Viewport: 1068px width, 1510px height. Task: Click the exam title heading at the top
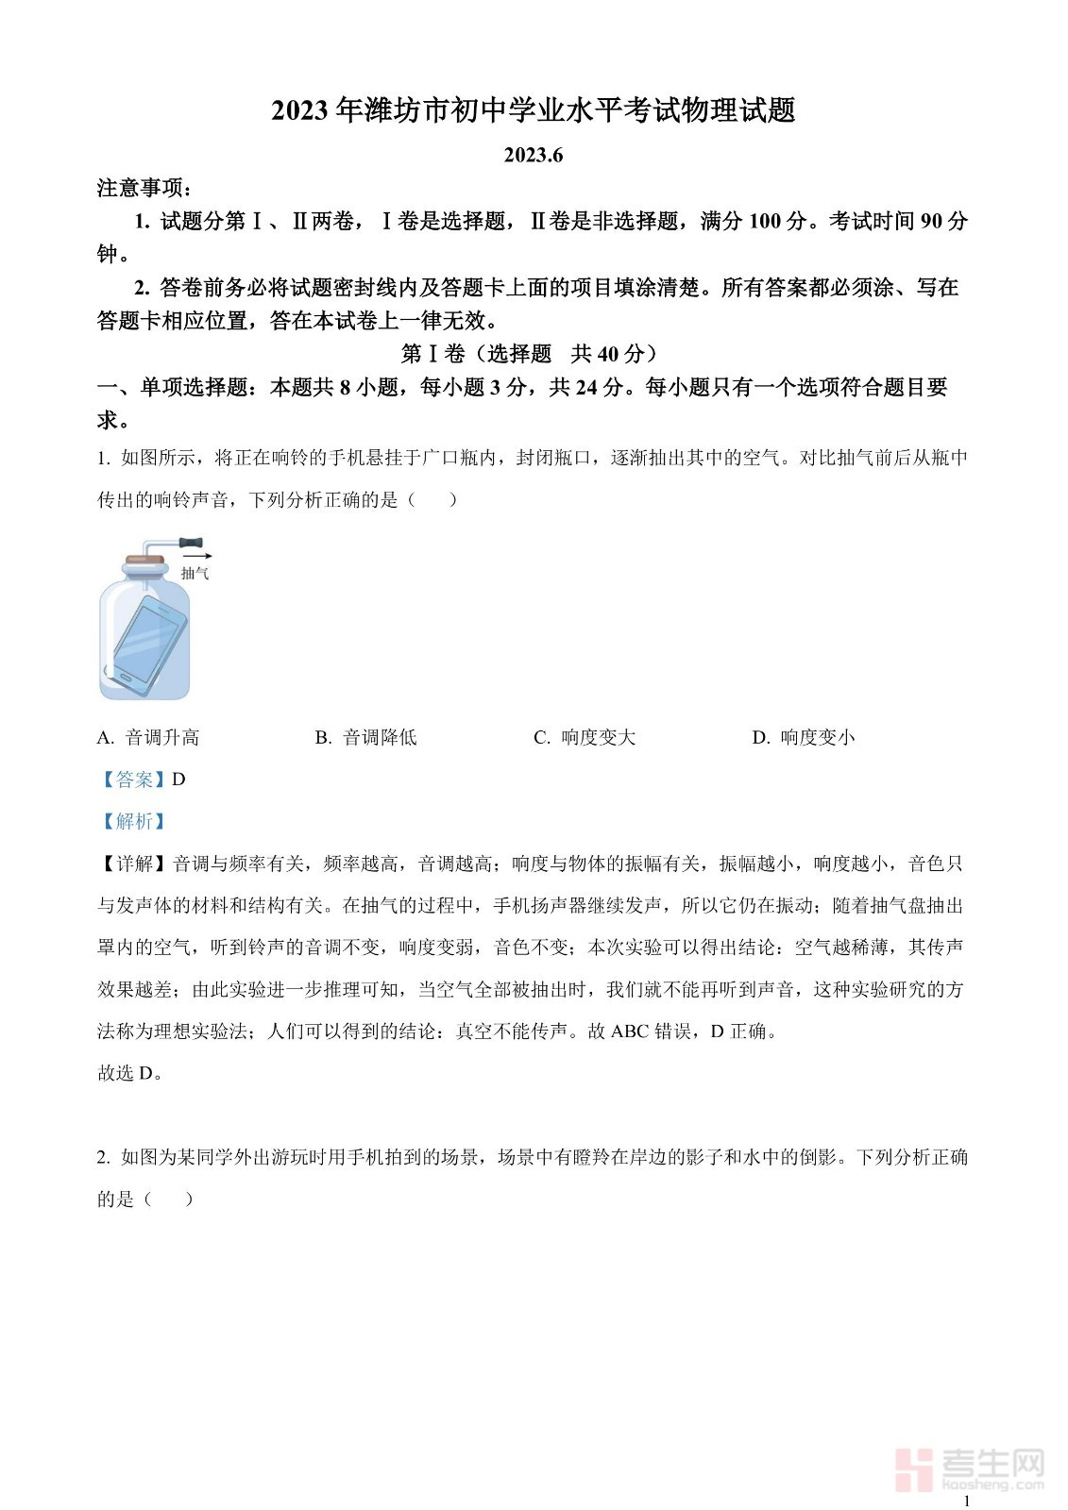point(534,110)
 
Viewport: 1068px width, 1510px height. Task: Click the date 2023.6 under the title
point(534,155)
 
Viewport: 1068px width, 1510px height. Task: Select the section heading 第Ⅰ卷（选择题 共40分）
point(534,354)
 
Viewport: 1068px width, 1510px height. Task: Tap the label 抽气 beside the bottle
point(195,573)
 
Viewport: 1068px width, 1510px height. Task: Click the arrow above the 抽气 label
point(198,557)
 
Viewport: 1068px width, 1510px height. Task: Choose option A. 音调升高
point(148,738)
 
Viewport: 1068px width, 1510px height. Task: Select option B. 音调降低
point(366,738)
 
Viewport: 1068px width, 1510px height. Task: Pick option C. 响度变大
point(585,738)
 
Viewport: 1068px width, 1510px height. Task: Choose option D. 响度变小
point(804,738)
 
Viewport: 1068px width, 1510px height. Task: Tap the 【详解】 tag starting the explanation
point(134,864)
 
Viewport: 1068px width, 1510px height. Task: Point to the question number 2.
point(103,1158)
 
